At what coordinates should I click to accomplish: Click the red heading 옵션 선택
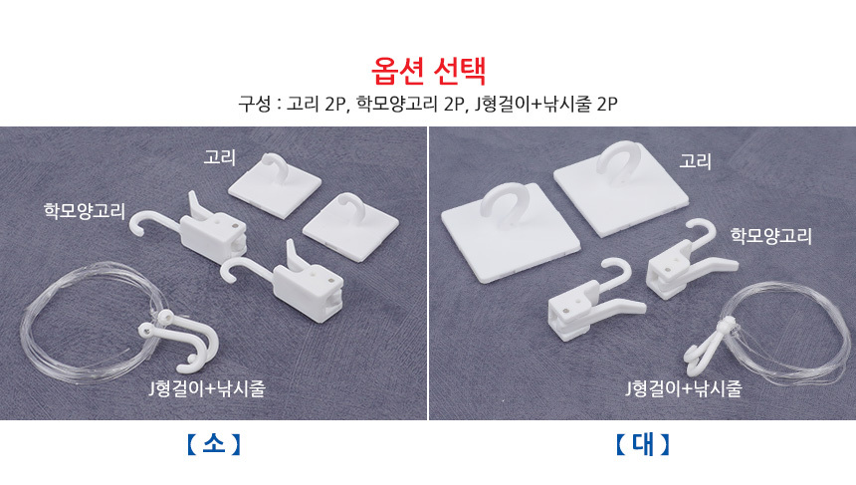pyautogui.click(x=429, y=71)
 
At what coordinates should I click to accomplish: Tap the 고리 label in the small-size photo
pyautogui.click(x=219, y=157)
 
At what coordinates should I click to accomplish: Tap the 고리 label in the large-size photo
pyautogui.click(x=695, y=161)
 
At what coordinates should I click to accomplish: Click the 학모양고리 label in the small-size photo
pyautogui.click(x=85, y=211)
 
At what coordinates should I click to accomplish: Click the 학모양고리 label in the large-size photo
pyautogui.click(x=770, y=235)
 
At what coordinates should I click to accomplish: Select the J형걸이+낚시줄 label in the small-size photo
pyautogui.click(x=207, y=388)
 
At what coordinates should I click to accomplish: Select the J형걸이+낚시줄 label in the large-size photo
pyautogui.click(x=684, y=388)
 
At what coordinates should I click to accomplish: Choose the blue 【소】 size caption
pyautogui.click(x=213, y=444)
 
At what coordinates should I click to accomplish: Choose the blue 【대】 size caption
pyautogui.click(x=643, y=444)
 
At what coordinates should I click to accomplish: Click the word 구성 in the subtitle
pyautogui.click(x=255, y=104)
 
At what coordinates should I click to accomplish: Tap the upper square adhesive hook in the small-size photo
pyautogui.click(x=275, y=184)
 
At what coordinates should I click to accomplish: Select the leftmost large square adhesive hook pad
pyautogui.click(x=511, y=232)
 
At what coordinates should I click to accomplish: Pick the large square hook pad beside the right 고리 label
pyautogui.click(x=621, y=188)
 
